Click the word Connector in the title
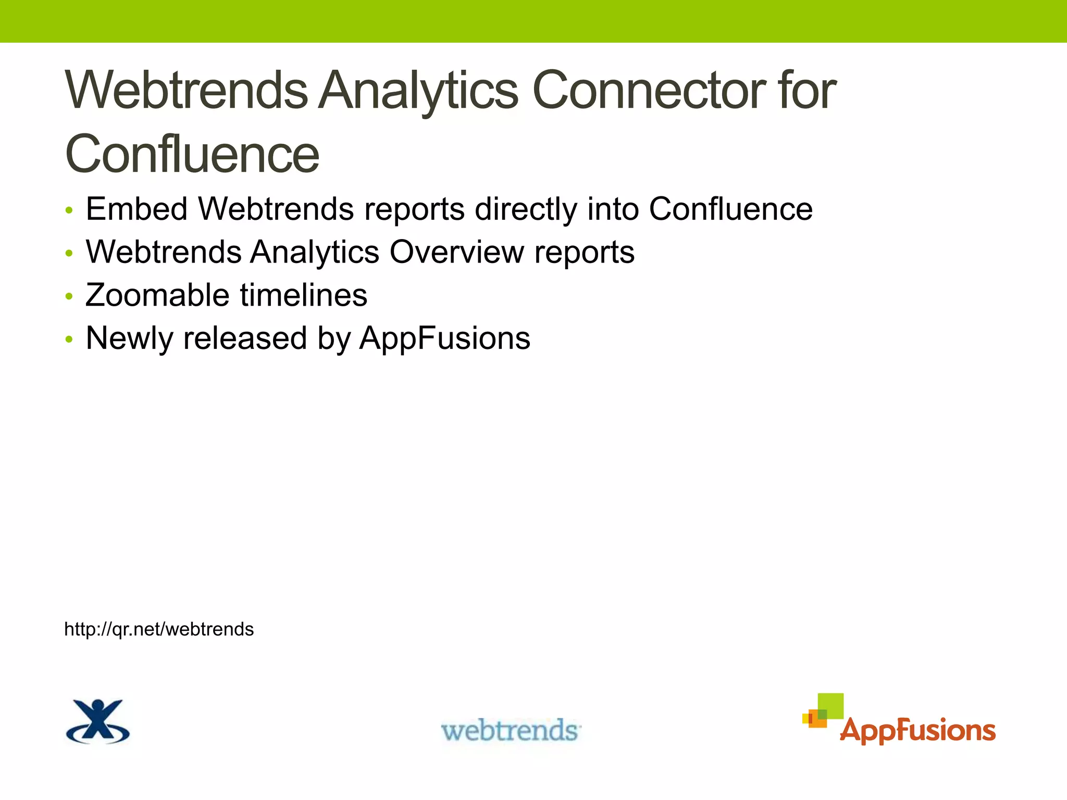point(648,91)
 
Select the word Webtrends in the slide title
point(187,91)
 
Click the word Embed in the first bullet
point(137,209)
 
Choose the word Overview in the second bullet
point(457,252)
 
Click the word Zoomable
point(157,295)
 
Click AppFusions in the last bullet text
point(444,339)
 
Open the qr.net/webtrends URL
point(159,629)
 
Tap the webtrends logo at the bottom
point(511,730)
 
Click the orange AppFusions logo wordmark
point(917,730)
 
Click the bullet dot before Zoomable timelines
point(69,297)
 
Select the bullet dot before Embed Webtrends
point(69,211)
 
